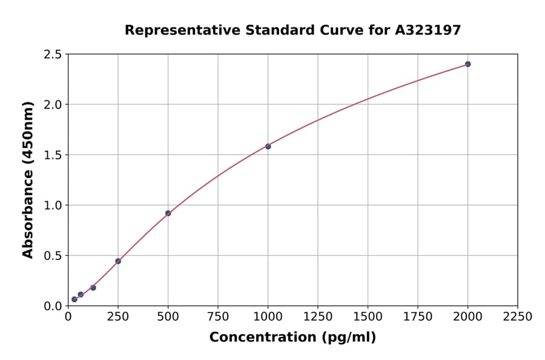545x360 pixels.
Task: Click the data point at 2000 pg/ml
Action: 467,64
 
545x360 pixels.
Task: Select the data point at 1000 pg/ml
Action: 268,146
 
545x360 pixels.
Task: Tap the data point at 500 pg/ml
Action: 168,213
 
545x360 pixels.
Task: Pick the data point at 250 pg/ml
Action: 118,261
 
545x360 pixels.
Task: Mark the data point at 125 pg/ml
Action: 93,288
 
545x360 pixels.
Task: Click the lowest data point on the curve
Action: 74,299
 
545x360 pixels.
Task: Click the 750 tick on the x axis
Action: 218,317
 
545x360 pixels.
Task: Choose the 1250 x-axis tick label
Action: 318,317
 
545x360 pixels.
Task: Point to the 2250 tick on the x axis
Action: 518,317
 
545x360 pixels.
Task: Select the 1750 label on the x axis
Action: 418,317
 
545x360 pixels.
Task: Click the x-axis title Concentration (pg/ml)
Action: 292,338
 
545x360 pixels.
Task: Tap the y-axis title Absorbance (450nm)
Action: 28,180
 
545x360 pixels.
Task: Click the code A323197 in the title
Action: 428,30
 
